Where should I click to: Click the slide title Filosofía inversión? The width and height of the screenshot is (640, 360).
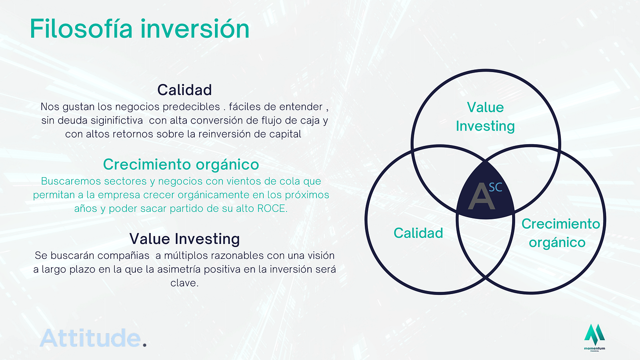coord(140,29)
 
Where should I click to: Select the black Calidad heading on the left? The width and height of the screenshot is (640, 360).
coord(185,90)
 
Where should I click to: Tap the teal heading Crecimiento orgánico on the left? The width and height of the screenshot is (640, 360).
coord(181,165)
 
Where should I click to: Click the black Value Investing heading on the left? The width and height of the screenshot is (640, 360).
coord(185,239)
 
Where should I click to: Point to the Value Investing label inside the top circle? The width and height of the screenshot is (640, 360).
coord(485,116)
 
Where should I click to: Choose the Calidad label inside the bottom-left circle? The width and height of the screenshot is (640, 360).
coord(418,233)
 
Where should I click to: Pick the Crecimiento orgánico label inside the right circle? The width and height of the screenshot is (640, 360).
coord(560,233)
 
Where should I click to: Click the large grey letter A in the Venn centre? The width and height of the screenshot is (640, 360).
coord(481,196)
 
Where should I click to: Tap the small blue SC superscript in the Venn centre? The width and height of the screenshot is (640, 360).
coord(495,187)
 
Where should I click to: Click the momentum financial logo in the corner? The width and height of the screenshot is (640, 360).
coord(595,338)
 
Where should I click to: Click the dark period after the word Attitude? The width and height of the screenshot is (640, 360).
coord(145,345)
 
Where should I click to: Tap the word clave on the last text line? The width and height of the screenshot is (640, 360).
coord(184,283)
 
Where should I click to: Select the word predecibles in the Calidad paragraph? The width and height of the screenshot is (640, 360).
coord(191,107)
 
